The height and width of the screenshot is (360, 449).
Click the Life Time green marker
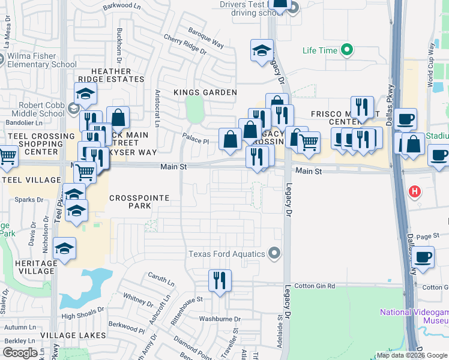(346, 50)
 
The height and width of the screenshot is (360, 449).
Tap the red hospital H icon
(414, 193)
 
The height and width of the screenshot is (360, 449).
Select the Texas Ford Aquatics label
(227, 254)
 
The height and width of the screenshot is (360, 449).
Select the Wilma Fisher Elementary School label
(41, 61)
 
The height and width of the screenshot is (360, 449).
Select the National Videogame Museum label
(414, 316)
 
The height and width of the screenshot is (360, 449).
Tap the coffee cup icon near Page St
(423, 257)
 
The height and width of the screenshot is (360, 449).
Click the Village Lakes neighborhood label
(65, 335)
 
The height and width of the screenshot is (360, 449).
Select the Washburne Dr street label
(220, 319)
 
